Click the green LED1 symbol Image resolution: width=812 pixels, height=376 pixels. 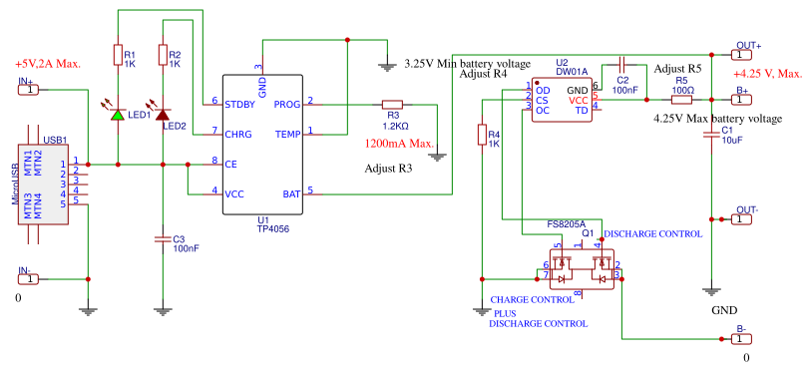pos(118,113)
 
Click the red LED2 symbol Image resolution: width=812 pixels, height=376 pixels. pos(162,113)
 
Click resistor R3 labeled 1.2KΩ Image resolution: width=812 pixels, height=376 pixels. pos(392,103)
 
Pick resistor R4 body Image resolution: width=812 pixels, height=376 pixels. pos(482,135)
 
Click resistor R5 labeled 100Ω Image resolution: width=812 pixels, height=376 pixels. pos(682,99)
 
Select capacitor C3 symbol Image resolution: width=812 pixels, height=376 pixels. pos(162,238)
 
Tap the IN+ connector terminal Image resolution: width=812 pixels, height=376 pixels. pos(30,90)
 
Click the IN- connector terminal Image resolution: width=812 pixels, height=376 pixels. pos(30,278)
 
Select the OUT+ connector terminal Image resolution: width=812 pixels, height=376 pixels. pos(745,54)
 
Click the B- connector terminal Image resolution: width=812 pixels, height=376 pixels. pos(743,338)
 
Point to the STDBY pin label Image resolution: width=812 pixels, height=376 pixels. pos(239,103)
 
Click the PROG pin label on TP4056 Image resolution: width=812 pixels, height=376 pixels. pos(286,103)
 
